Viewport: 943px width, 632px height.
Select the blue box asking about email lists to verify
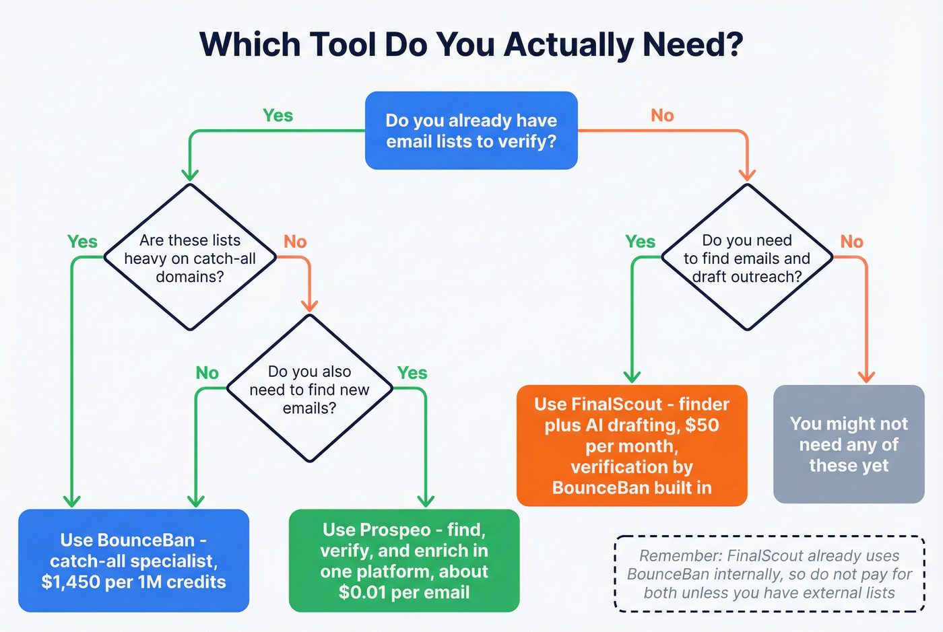(471, 131)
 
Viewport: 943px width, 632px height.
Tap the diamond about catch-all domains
(190, 258)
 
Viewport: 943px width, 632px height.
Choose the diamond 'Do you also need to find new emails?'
(309, 389)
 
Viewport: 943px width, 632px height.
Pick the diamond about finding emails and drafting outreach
(747, 258)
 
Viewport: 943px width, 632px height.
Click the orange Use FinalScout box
(631, 446)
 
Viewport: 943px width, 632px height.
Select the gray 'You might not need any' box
(848, 444)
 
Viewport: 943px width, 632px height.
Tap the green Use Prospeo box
(403, 561)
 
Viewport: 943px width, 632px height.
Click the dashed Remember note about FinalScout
(769, 574)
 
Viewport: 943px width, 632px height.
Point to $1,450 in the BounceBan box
(69, 582)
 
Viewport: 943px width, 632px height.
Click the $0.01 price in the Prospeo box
(362, 593)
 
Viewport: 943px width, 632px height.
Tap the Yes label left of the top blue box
(278, 116)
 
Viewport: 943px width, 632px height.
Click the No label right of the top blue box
(662, 116)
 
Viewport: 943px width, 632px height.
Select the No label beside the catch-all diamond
(295, 242)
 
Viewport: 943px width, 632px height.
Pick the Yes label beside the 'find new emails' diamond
(412, 373)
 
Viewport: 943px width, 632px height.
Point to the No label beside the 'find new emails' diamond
(207, 373)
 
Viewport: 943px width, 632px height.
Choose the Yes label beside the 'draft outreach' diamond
(640, 242)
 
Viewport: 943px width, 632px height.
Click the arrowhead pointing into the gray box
(866, 377)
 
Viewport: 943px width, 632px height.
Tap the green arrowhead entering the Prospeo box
(426, 501)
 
